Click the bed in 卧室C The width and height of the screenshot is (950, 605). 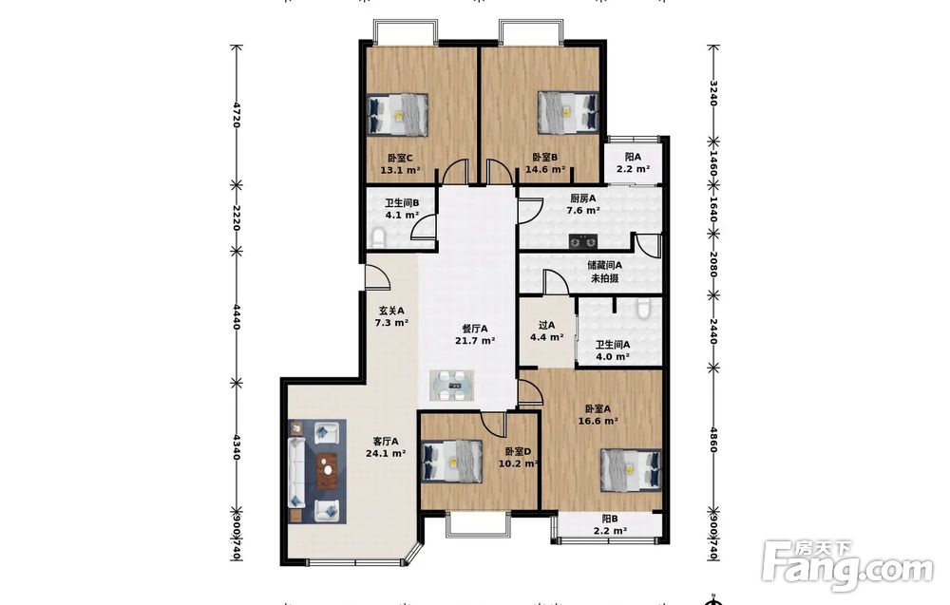pyautogui.click(x=398, y=114)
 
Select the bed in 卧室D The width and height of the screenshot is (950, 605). pyautogui.click(x=452, y=461)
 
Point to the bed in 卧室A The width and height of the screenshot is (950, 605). pyautogui.click(x=631, y=470)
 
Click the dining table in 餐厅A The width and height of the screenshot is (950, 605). pyautogui.click(x=452, y=386)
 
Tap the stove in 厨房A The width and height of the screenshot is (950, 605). pyautogui.click(x=583, y=241)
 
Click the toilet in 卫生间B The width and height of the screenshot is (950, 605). pyautogui.click(x=378, y=238)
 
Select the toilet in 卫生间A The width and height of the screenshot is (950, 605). pyautogui.click(x=643, y=309)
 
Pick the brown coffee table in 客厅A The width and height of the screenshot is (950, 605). pyautogui.click(x=328, y=470)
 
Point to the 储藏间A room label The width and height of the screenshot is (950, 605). pyautogui.click(x=604, y=265)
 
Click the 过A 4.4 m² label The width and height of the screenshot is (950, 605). pyautogui.click(x=547, y=331)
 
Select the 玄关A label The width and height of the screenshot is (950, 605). pyautogui.click(x=392, y=310)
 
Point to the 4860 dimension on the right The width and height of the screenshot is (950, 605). pyautogui.click(x=713, y=441)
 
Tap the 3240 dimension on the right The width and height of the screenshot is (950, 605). pyautogui.click(x=713, y=93)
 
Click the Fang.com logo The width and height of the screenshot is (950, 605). pyautogui.click(x=848, y=565)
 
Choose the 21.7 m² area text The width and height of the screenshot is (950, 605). pyautogui.click(x=475, y=340)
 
